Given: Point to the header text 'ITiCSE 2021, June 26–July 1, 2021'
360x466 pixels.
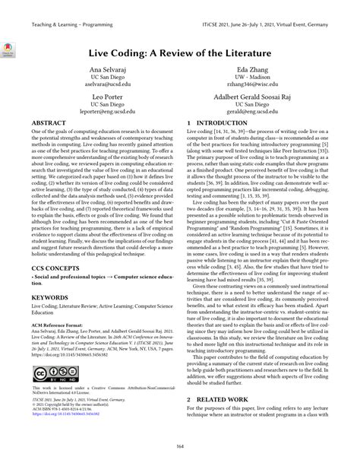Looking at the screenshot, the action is click(258, 24).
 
